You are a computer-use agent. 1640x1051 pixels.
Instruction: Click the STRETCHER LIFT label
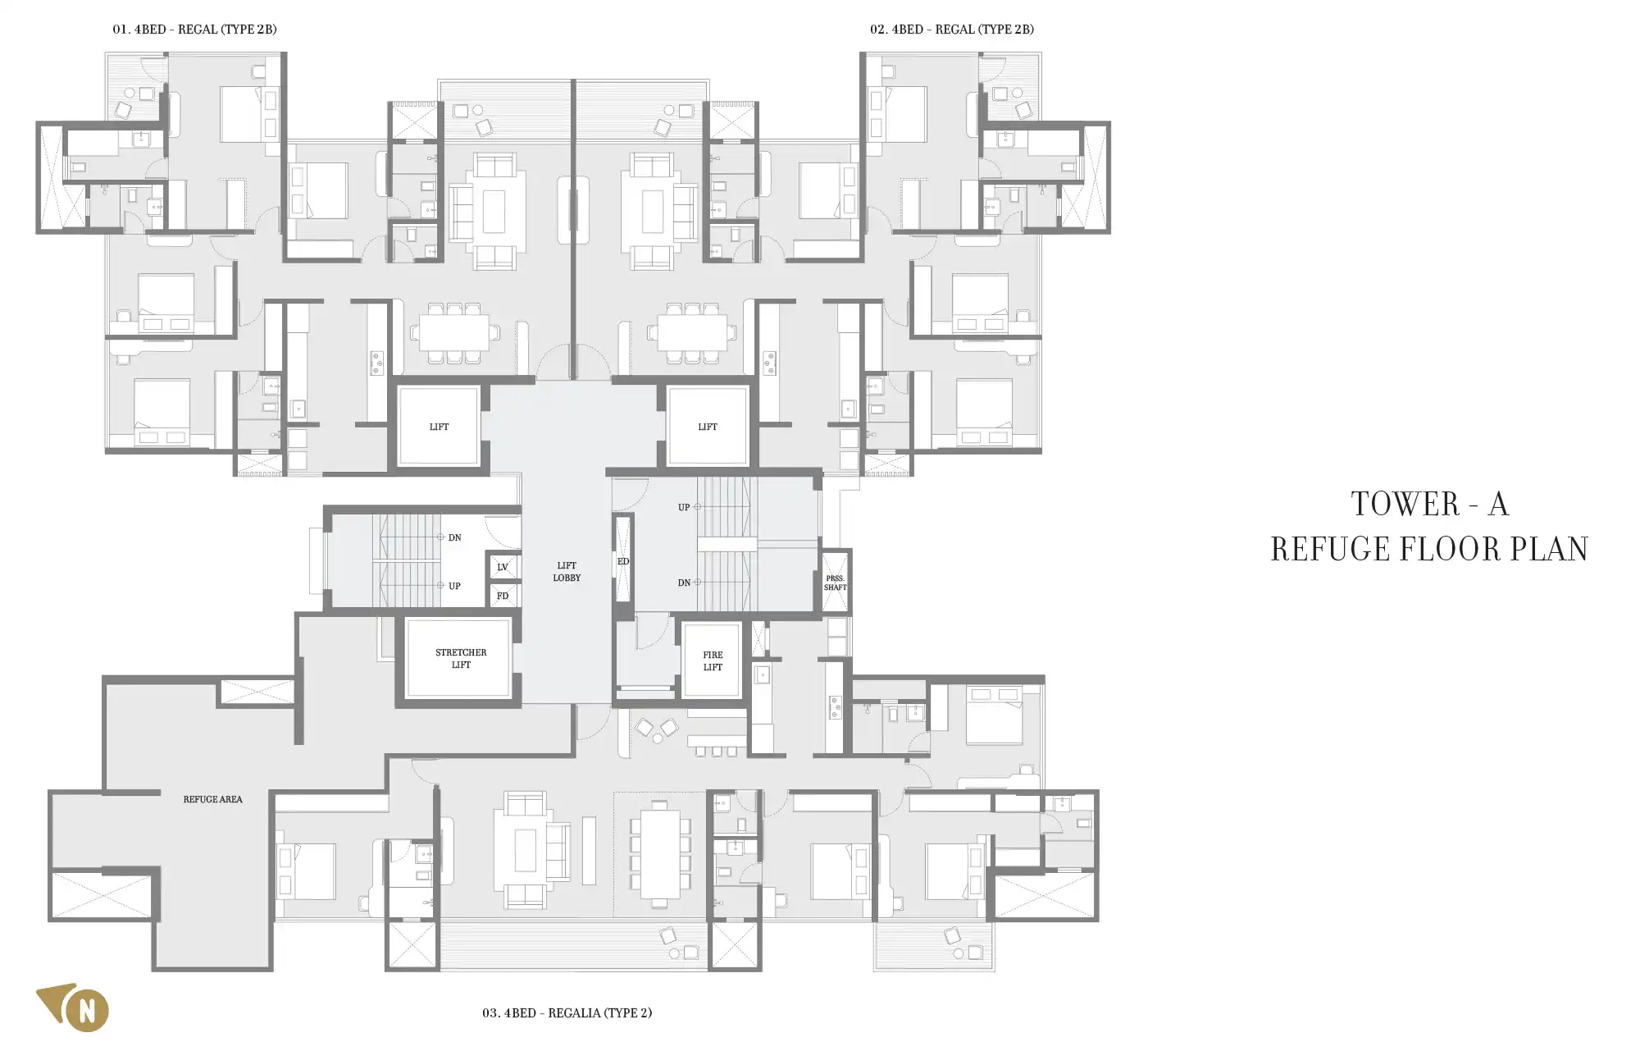tap(461, 659)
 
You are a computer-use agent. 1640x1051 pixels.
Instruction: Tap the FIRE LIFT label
tap(713, 661)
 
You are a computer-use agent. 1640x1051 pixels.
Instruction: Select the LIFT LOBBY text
tap(567, 572)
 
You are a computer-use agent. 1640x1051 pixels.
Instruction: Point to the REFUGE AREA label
tap(213, 799)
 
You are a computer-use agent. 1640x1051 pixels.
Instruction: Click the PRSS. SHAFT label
tap(836, 583)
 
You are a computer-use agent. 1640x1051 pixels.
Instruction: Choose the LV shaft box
tap(503, 567)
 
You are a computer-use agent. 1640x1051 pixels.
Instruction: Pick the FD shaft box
tap(503, 596)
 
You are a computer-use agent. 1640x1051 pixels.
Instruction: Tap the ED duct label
tap(623, 562)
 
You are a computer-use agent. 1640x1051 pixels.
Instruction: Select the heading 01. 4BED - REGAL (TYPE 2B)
tap(194, 30)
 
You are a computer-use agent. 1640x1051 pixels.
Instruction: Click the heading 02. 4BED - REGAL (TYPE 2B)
tap(952, 30)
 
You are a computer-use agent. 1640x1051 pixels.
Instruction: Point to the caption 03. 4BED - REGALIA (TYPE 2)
tap(567, 1013)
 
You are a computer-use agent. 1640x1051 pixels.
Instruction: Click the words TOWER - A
tap(1430, 505)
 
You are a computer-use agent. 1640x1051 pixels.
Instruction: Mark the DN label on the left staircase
tap(454, 538)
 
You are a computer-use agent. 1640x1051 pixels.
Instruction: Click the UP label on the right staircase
tap(684, 508)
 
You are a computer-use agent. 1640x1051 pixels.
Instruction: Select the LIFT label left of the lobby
tap(439, 427)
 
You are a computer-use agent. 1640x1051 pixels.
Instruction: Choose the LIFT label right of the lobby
tap(708, 427)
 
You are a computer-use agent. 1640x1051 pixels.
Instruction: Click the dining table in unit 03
tap(660, 854)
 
